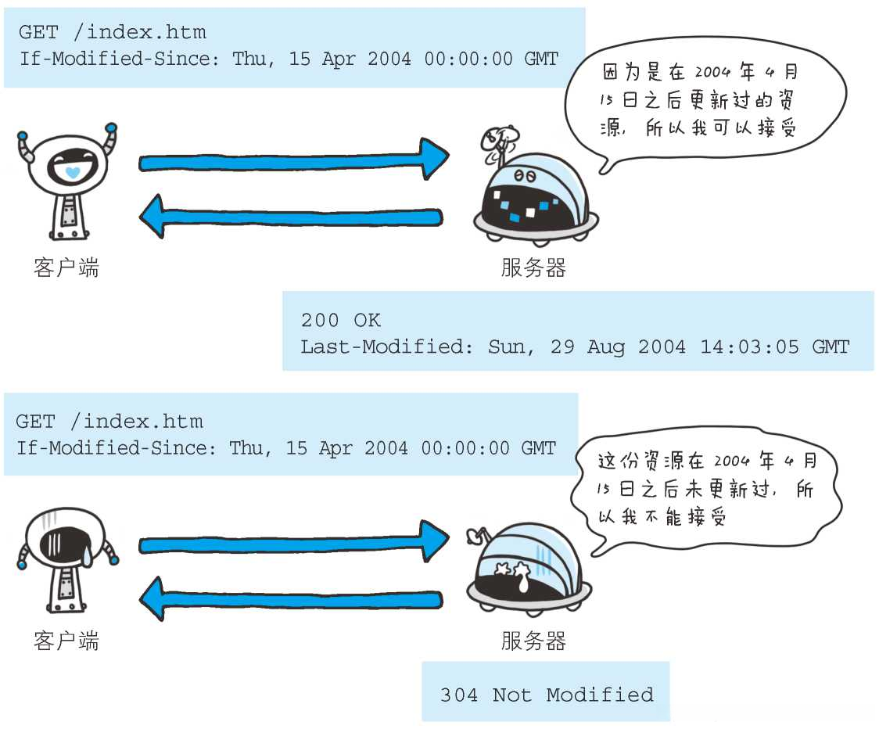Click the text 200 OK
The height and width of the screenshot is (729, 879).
[x=340, y=320]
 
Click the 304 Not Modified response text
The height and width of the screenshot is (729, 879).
[x=546, y=695]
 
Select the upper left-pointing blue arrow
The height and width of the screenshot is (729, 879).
[x=291, y=216]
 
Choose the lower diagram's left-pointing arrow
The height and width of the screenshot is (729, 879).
[x=291, y=599]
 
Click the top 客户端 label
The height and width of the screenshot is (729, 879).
[x=66, y=268]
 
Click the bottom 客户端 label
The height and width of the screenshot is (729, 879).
[x=66, y=642]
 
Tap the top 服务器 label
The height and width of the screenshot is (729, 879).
[x=533, y=268]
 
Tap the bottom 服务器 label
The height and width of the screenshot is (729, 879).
[x=533, y=642]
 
